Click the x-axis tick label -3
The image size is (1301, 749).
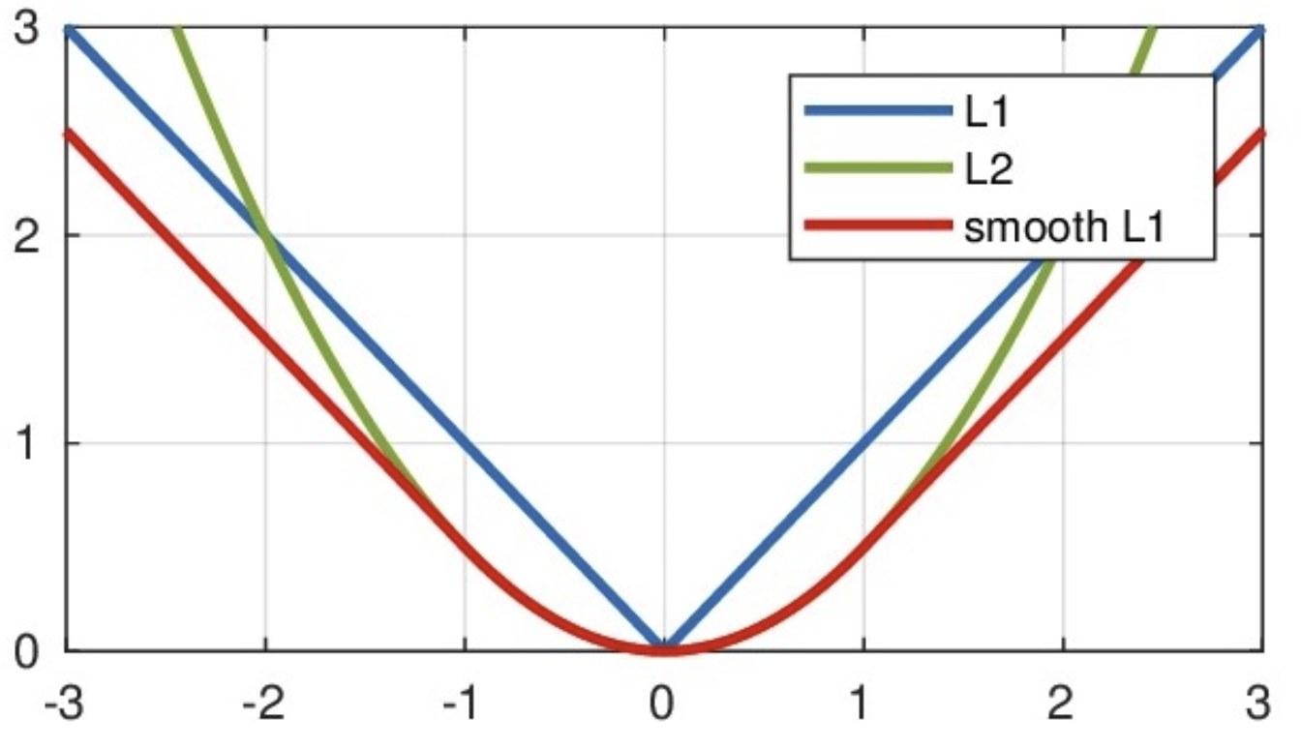(x=64, y=702)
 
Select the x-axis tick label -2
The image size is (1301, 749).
(x=263, y=702)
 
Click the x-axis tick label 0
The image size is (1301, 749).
(x=664, y=702)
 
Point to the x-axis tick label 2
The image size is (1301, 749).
(x=1063, y=702)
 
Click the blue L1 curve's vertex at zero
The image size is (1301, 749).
(x=664, y=646)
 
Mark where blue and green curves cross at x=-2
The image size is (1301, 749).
(x=265, y=234)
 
